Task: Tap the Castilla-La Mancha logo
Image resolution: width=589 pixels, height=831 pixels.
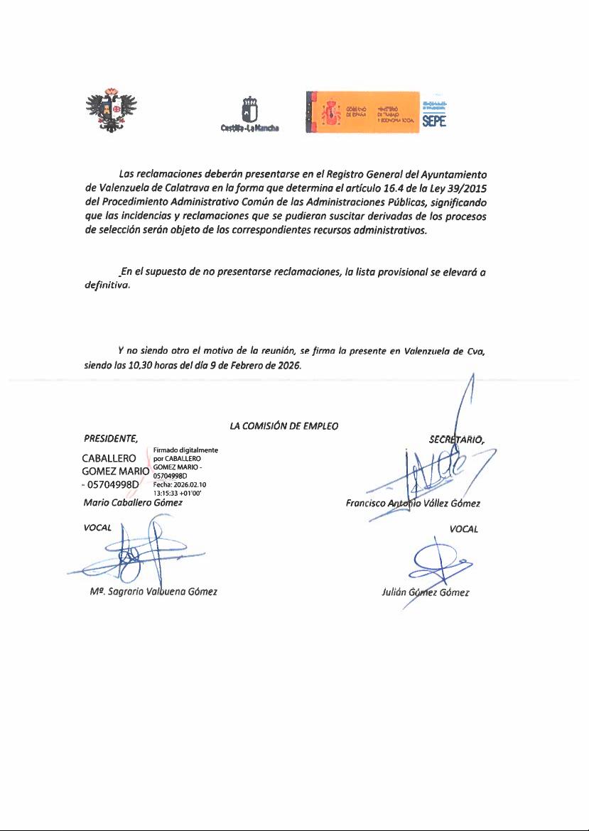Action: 249,114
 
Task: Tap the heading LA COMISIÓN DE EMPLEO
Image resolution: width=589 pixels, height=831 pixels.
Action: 283,426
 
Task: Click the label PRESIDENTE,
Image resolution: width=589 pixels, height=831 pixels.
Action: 110,438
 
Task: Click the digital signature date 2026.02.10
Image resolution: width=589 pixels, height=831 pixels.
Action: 189,484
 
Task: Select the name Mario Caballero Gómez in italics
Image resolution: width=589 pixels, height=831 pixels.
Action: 133,503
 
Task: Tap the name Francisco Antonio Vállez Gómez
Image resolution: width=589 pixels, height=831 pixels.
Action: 413,504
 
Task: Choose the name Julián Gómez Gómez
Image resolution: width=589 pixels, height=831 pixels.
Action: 425,592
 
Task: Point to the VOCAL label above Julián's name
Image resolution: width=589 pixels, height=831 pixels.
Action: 463,528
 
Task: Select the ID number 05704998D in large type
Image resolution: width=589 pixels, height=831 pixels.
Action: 113,485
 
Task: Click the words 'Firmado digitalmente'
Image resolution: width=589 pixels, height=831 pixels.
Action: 185,450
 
